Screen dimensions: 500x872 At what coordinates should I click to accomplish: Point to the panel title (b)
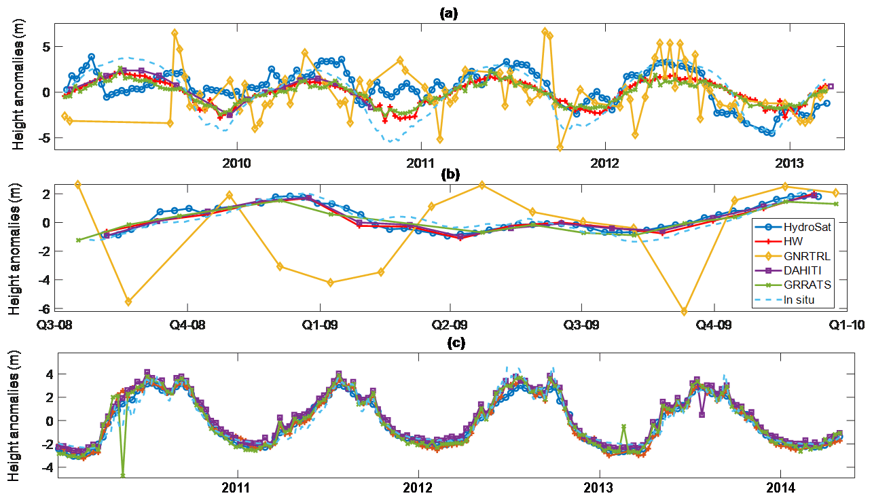click(450, 174)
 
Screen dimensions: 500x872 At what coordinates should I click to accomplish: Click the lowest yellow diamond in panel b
click(684, 311)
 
